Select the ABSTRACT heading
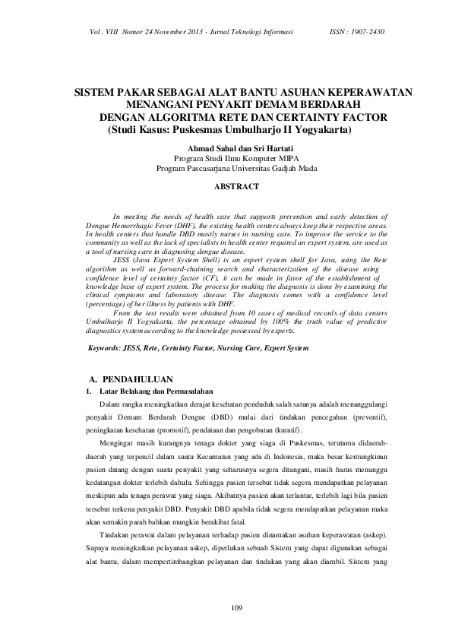point(236,185)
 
